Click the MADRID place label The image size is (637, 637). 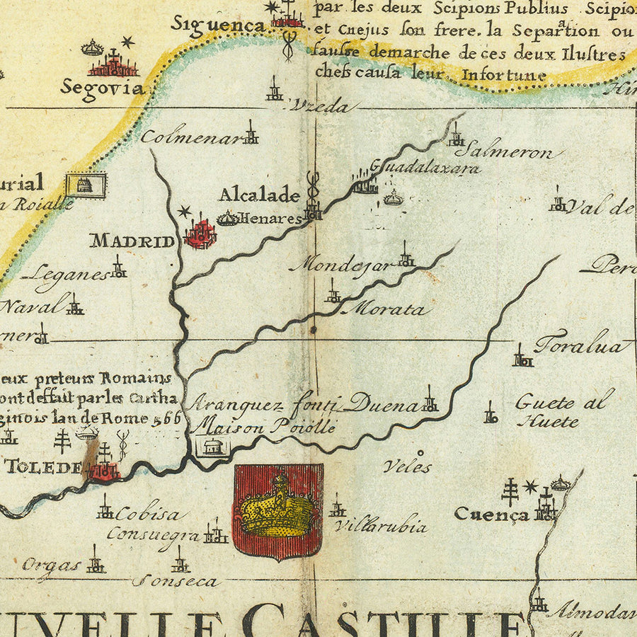pyautogui.click(x=132, y=241)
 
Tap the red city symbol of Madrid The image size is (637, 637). pyautogui.click(x=200, y=234)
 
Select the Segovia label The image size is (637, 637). pyautogui.click(x=102, y=88)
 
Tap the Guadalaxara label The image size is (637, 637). pyautogui.click(x=425, y=167)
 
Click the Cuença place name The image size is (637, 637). pyautogui.click(x=491, y=515)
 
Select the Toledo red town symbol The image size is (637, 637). pyautogui.click(x=104, y=471)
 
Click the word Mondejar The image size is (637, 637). pyautogui.click(x=340, y=265)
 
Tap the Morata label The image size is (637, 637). pyautogui.click(x=389, y=309)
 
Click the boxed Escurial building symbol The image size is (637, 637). pyautogui.click(x=86, y=185)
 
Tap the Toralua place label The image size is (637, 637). pyautogui.click(x=582, y=346)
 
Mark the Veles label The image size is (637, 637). pyautogui.click(x=407, y=466)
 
